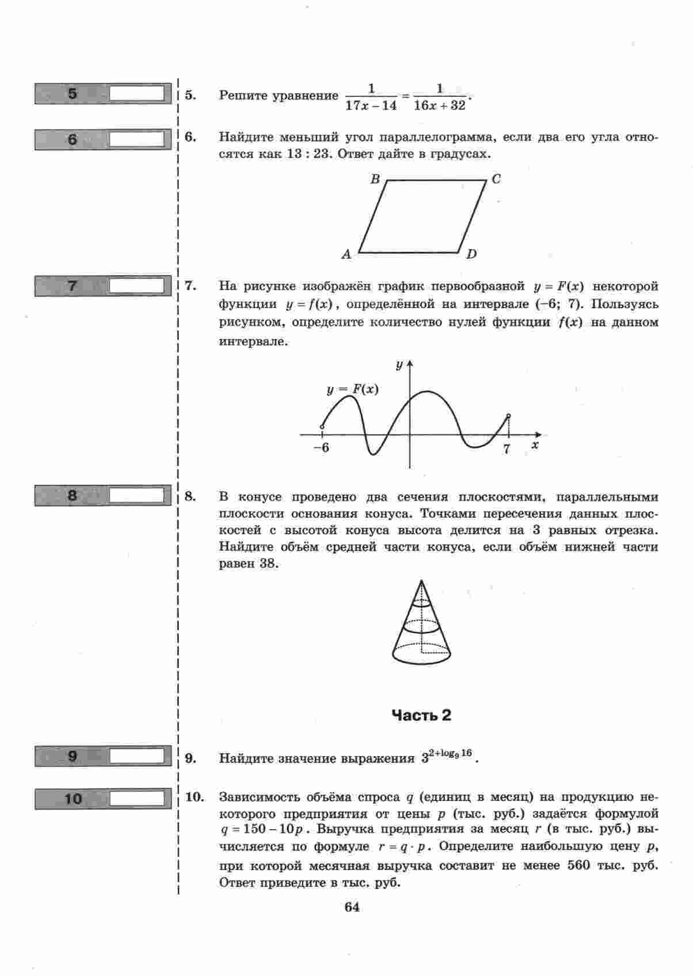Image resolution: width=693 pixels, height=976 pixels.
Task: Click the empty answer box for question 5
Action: [x=137, y=93]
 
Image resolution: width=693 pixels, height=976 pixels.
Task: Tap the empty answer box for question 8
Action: [x=137, y=495]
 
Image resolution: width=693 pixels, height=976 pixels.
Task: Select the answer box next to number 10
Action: [x=137, y=799]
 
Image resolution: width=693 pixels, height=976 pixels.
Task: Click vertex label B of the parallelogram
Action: [x=375, y=180]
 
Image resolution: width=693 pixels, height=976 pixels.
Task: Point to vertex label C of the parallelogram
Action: [x=496, y=180]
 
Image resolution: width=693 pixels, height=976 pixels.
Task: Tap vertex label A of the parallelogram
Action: [x=346, y=254]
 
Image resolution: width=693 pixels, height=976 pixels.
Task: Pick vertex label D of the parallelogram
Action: [x=471, y=254]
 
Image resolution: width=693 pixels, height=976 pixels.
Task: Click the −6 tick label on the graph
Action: [x=321, y=448]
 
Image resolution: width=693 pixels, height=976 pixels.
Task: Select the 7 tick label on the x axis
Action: [x=507, y=449]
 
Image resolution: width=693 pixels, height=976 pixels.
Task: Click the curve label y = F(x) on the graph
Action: [x=352, y=389]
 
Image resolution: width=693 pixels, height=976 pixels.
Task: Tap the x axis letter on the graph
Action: [x=535, y=445]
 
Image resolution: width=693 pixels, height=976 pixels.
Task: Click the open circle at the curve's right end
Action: [x=508, y=416]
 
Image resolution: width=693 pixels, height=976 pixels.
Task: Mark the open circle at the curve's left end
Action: [x=322, y=427]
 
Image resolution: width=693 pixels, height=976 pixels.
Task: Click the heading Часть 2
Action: [x=421, y=715]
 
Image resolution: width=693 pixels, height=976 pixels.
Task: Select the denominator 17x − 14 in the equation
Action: [x=371, y=105]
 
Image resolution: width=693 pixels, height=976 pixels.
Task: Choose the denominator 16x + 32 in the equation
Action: [x=439, y=105]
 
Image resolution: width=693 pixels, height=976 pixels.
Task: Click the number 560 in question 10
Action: [x=578, y=865]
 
